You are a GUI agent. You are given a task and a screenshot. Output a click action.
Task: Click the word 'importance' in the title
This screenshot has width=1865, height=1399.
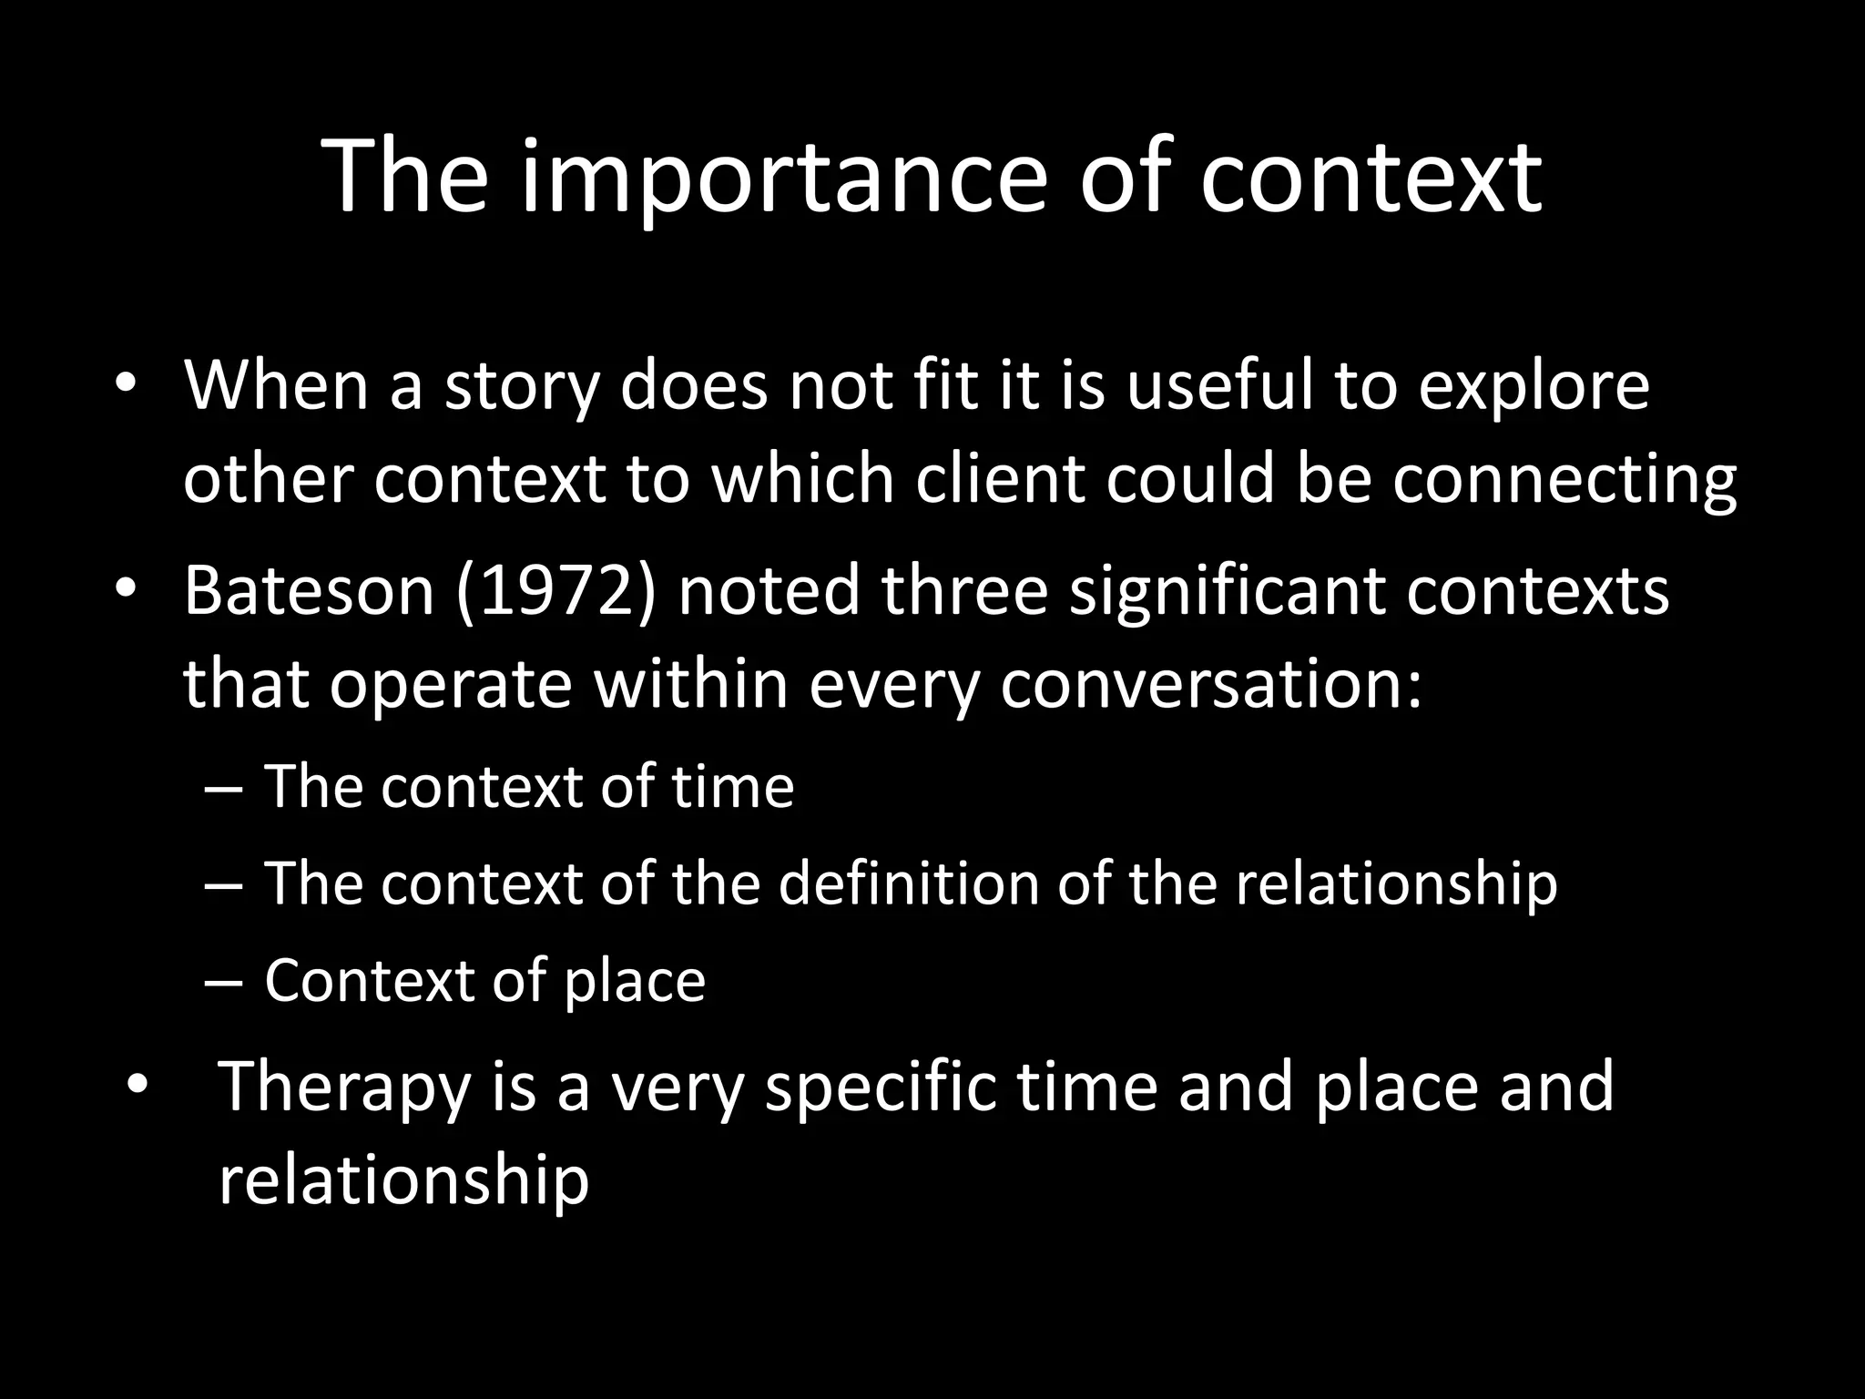pos(785,178)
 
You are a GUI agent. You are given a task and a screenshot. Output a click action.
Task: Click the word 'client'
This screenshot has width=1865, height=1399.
pos(1000,479)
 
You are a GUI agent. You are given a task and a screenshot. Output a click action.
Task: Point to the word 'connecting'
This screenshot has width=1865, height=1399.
pos(1564,481)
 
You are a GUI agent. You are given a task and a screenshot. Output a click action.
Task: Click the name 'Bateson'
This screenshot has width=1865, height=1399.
pos(309,590)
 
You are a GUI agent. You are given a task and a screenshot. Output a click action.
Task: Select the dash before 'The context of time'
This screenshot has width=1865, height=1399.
pos(224,789)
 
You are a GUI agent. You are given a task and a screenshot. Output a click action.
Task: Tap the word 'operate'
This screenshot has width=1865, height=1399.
pos(450,685)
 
